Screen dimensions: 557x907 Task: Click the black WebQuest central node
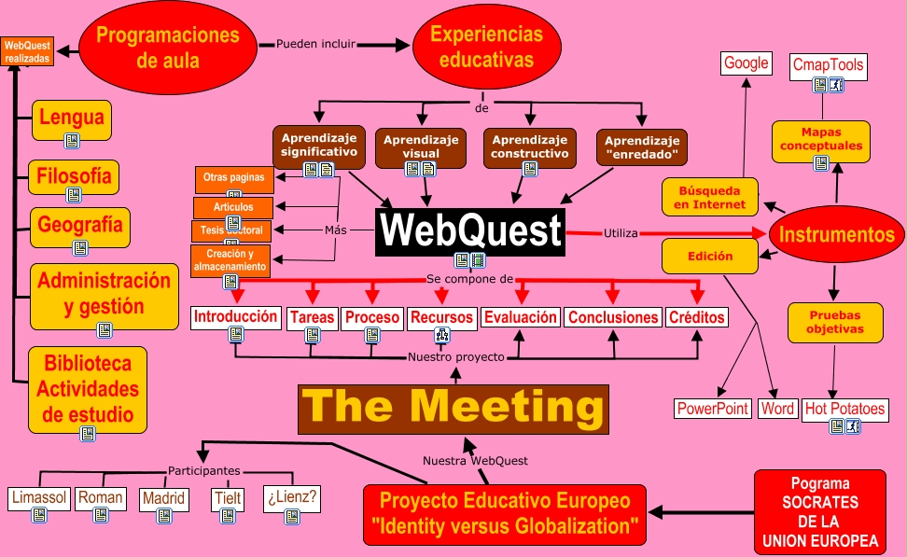tap(470, 230)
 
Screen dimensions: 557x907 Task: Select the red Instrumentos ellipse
tap(836, 235)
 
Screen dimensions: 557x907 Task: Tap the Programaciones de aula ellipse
tap(168, 48)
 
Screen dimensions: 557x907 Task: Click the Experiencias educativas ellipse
tap(485, 47)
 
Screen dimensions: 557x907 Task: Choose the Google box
tap(746, 63)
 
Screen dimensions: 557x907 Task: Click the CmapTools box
tap(828, 65)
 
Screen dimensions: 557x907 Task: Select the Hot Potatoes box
tap(844, 409)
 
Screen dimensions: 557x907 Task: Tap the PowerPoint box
tap(713, 409)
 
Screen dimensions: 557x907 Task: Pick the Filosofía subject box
tap(74, 174)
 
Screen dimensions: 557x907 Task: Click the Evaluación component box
tap(521, 317)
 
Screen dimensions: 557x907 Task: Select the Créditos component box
tap(696, 317)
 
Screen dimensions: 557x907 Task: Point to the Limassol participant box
tap(38, 497)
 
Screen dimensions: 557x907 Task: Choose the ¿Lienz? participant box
tap(291, 497)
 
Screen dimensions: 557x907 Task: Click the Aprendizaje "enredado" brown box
tap(641, 146)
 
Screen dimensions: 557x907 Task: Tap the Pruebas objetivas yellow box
tap(834, 322)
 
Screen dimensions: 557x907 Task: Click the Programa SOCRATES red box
tap(819, 512)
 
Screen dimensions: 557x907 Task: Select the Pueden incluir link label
tap(314, 44)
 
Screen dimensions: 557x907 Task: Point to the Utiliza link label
tap(620, 232)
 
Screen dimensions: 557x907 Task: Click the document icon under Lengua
tap(72, 141)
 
